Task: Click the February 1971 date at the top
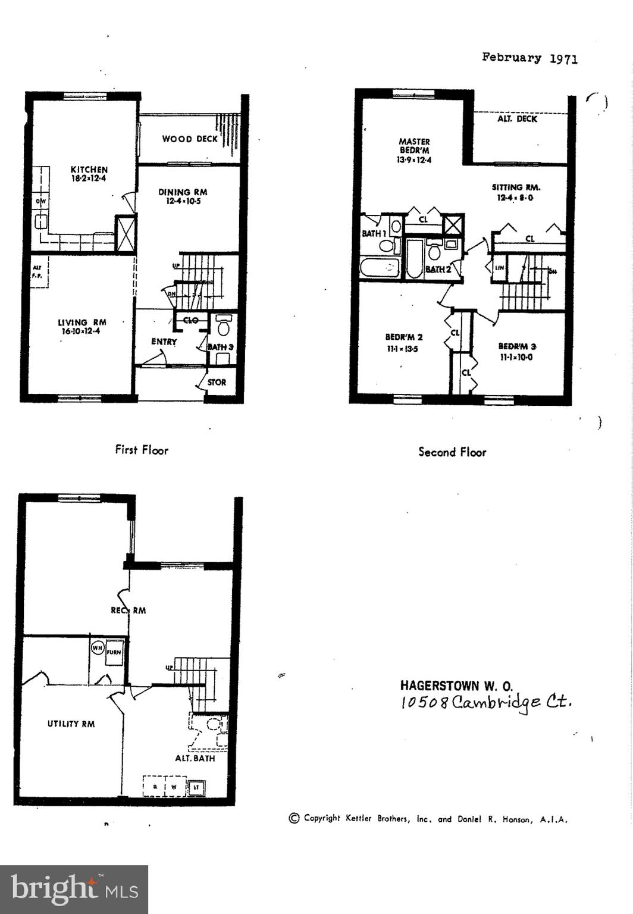[529, 58]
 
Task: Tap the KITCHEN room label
[89, 174]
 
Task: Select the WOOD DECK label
[190, 139]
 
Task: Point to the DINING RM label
[183, 196]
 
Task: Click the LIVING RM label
[82, 327]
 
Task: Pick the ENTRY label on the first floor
[164, 342]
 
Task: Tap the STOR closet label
[217, 382]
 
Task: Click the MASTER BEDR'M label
[414, 150]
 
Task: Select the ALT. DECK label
[517, 119]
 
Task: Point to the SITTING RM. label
[515, 192]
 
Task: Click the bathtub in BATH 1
[379, 268]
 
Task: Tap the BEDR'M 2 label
[403, 342]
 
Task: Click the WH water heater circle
[97, 647]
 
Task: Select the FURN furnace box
[114, 653]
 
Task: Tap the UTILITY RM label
[71, 724]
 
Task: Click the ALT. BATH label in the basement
[195, 758]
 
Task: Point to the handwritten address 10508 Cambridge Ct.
[486, 702]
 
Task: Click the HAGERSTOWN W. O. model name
[456, 685]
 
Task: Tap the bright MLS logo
[74, 889]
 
